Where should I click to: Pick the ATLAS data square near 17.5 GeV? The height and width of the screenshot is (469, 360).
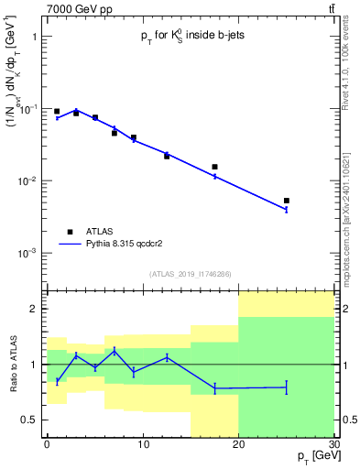tap(214, 167)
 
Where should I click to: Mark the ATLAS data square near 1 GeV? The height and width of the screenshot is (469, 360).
tap(57, 111)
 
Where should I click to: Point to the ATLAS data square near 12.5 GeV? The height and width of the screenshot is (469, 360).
tap(167, 156)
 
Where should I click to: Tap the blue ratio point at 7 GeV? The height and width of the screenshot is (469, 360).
tap(115, 351)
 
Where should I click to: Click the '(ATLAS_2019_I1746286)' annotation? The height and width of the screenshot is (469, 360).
tap(191, 274)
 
